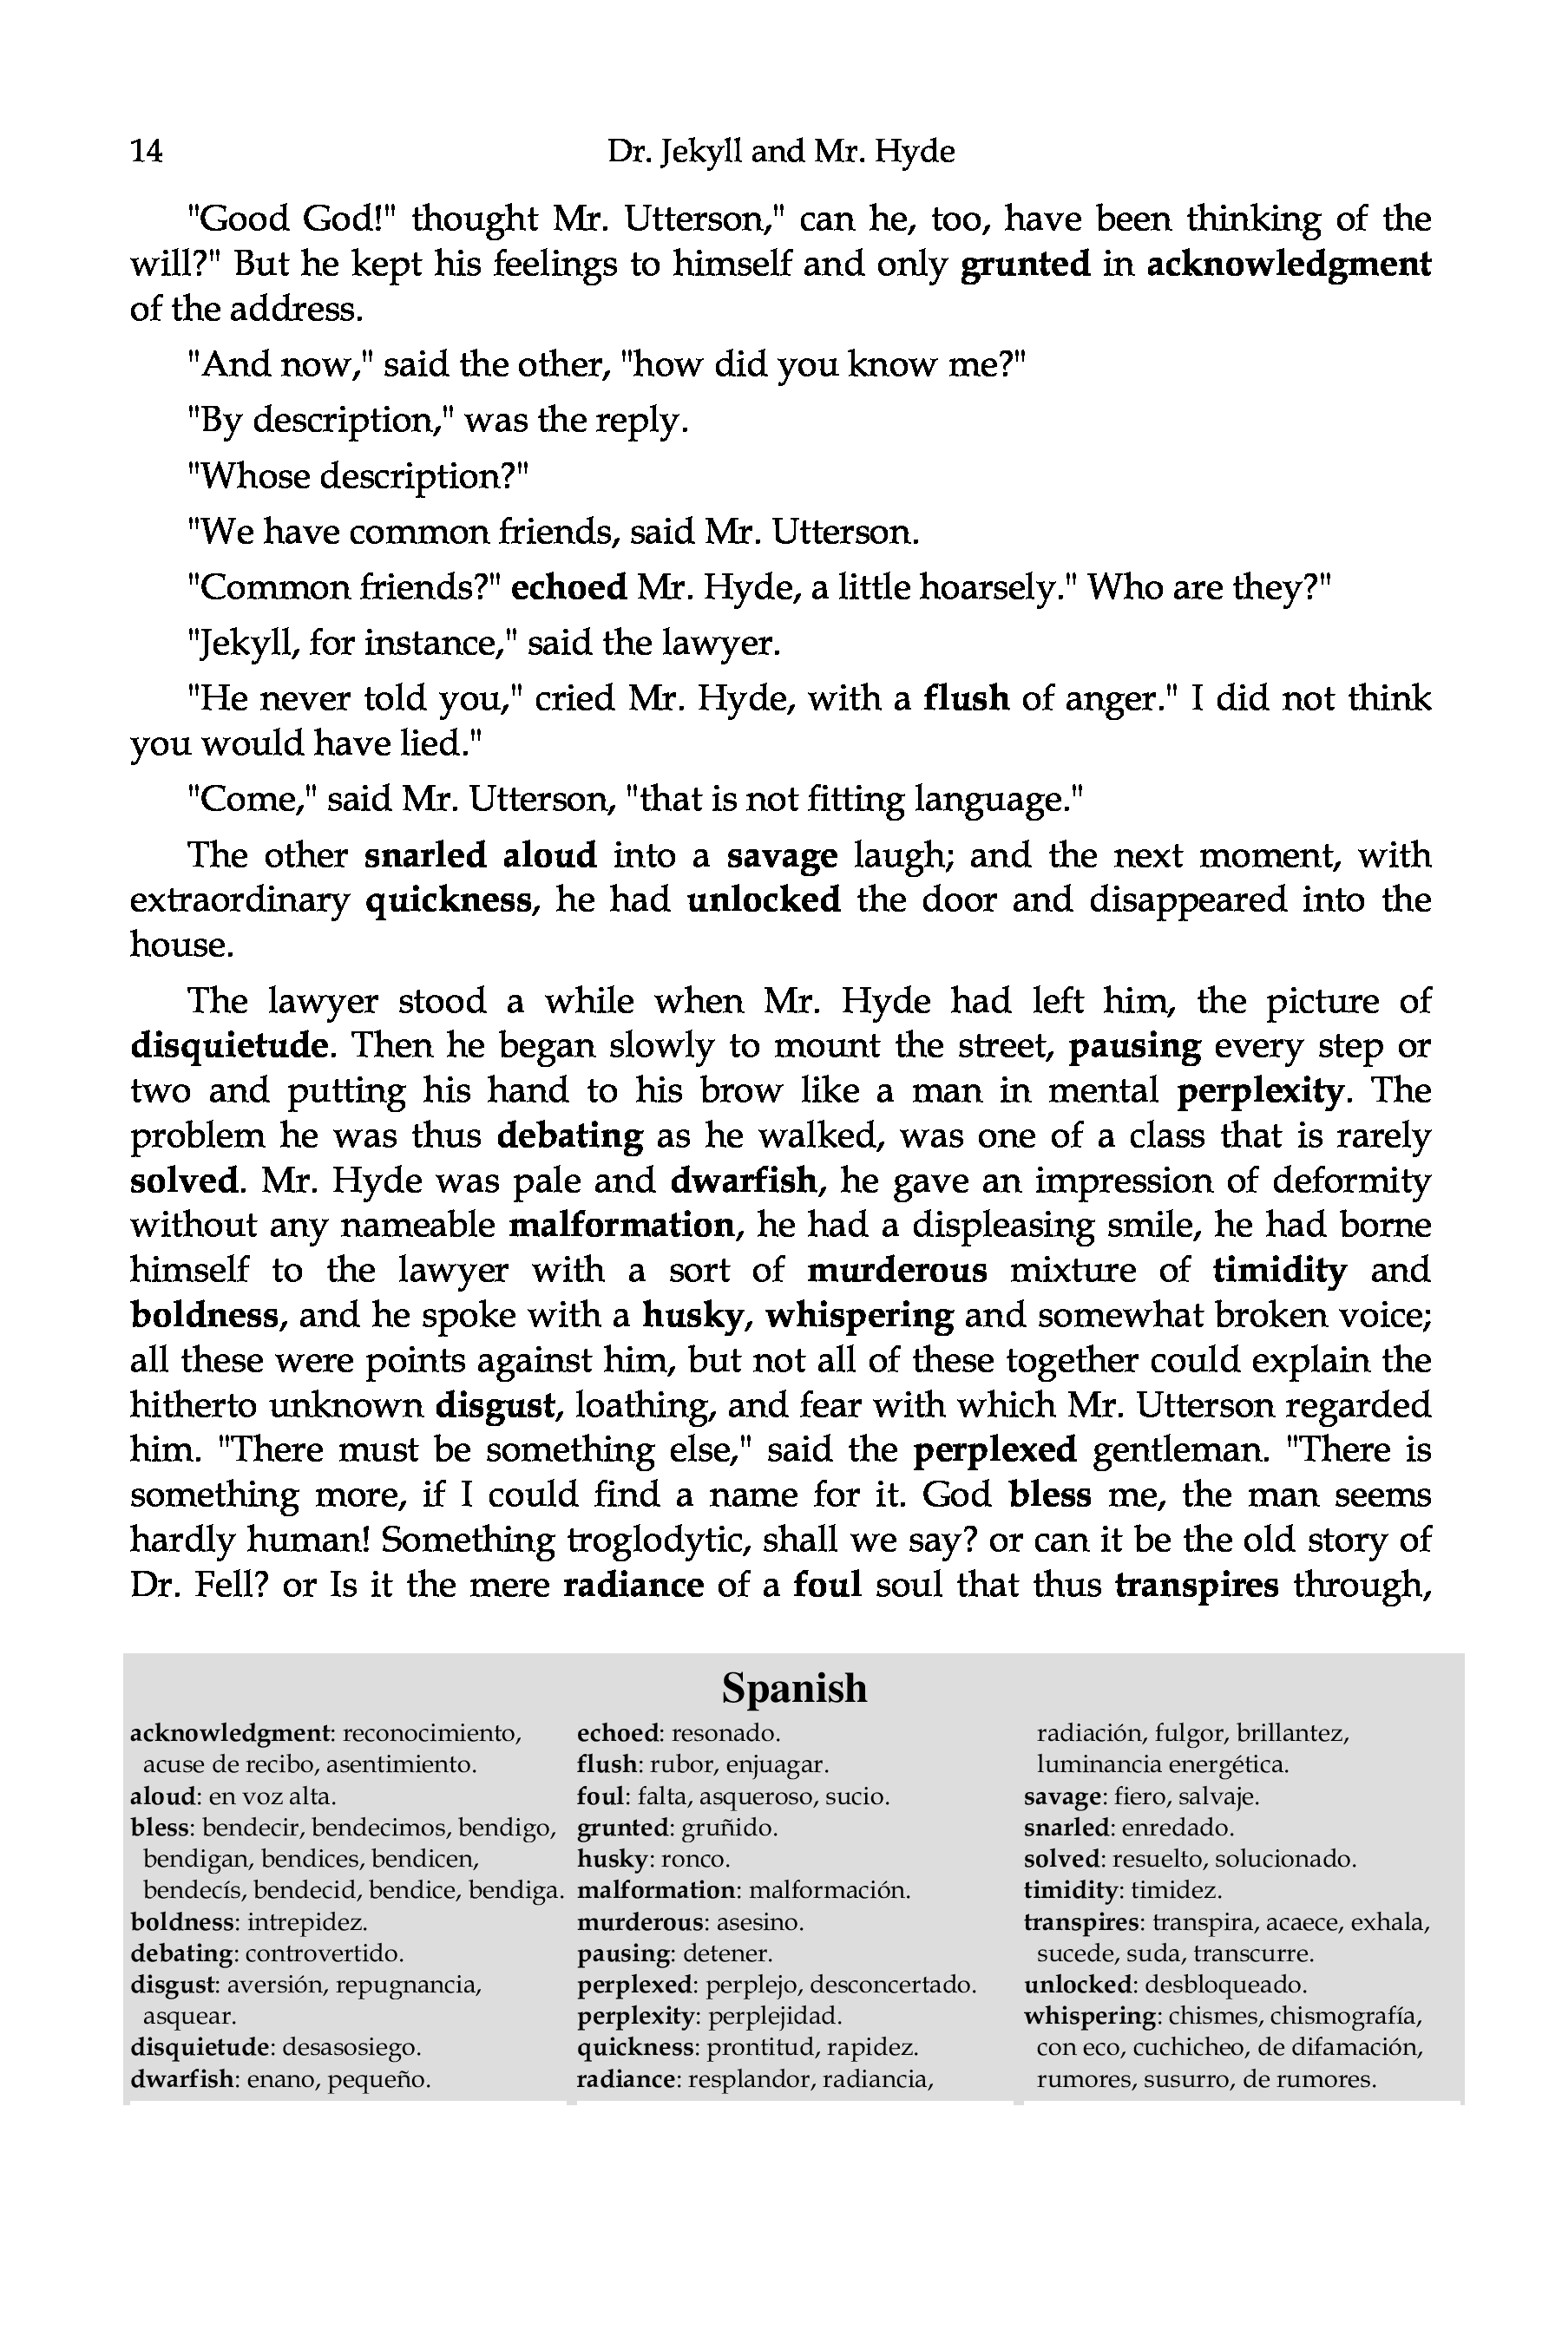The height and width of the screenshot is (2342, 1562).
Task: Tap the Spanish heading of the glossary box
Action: coord(794,1688)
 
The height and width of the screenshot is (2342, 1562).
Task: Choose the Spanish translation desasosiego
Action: coord(351,2047)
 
